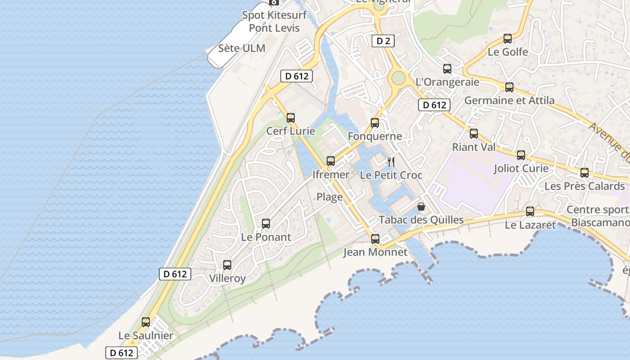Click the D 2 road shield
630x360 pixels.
[x=383, y=41]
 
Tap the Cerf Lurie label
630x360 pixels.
[x=291, y=131]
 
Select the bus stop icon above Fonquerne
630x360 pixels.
[x=375, y=123]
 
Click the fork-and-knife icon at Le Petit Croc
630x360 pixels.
[x=391, y=162]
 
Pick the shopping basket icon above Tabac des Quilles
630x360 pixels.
[x=421, y=207]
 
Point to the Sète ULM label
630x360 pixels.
[x=242, y=48]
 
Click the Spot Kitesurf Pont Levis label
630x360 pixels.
[x=274, y=21]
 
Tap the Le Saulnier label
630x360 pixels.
[x=146, y=336]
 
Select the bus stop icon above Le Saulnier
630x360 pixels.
[x=146, y=322]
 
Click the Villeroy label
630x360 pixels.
[x=228, y=279]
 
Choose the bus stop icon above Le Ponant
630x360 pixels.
[x=266, y=224]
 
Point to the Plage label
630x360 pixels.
[x=329, y=197]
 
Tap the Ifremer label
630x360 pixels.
[x=331, y=175]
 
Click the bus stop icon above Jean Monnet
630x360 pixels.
[x=375, y=239]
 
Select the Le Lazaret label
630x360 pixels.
[x=531, y=225]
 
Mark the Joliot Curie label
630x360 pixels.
[x=521, y=169]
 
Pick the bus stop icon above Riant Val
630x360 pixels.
[x=474, y=134]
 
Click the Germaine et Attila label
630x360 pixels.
[x=509, y=100]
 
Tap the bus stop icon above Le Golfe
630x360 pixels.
[x=508, y=39]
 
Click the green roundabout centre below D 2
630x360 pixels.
[x=398, y=78]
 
